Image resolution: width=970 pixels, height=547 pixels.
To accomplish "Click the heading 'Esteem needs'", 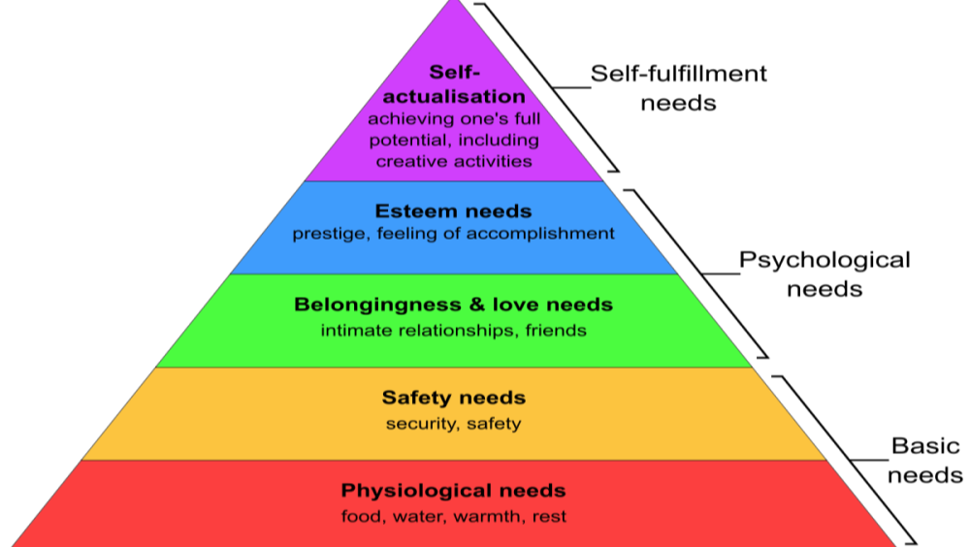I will (453, 211).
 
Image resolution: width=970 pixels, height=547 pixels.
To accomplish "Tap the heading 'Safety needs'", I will (453, 398).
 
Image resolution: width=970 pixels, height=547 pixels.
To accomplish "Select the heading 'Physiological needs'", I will (453, 490).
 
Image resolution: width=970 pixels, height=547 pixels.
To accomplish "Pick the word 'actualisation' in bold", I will (454, 96).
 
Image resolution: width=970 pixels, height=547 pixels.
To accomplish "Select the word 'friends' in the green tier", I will (556, 331).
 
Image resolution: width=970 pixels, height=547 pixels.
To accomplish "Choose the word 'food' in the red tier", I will (362, 516).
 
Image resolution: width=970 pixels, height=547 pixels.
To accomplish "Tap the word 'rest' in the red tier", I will (549, 516).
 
